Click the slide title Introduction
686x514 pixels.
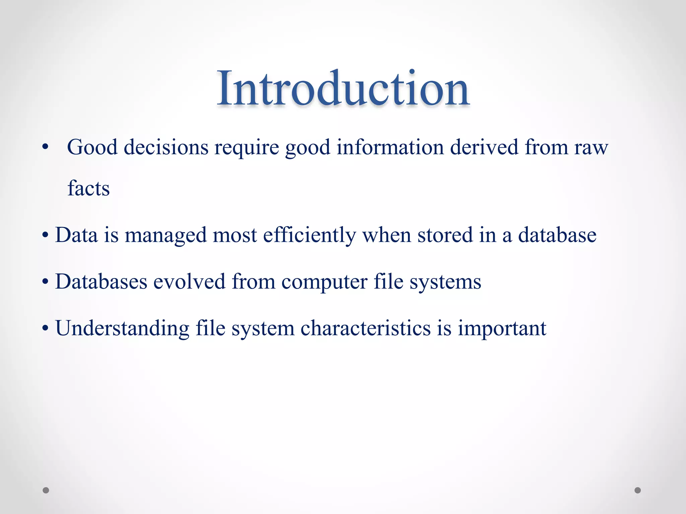(343, 89)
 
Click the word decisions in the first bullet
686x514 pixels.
(166, 147)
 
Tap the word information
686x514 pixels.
(390, 147)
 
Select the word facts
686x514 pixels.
(88, 188)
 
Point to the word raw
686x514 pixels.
(591, 148)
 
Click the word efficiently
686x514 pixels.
(309, 235)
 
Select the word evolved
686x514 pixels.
(189, 281)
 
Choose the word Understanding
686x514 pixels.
(122, 328)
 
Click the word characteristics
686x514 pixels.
(365, 328)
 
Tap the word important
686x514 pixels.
(502, 328)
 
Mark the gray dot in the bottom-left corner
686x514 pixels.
(46, 490)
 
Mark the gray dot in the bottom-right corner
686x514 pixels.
(638, 490)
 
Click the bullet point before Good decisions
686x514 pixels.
(46, 148)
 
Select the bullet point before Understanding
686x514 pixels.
(46, 329)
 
